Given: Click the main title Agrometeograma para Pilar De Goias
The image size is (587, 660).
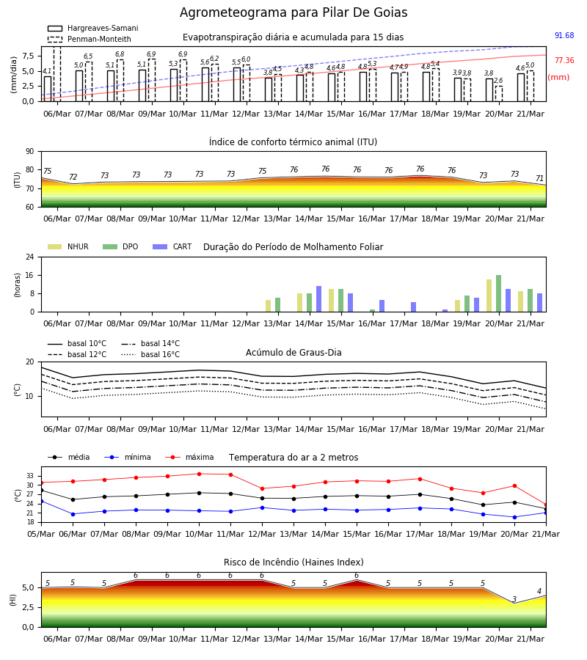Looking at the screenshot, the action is pyautogui.click(x=293, y=12).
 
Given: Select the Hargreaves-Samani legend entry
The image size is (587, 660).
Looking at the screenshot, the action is pyautogui.click(x=92, y=28).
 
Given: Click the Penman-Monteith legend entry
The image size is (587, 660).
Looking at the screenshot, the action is pyautogui.click(x=90, y=39).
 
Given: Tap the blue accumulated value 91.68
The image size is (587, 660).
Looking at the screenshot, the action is pyautogui.click(x=564, y=35).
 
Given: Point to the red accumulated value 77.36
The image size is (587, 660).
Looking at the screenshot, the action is pyautogui.click(x=564, y=60).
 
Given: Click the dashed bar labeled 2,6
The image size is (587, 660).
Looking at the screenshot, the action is pyautogui.click(x=499, y=93).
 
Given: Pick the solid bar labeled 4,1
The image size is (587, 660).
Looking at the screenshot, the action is pyautogui.click(x=48, y=89).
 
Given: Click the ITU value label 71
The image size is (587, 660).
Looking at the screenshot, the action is pyautogui.click(x=539, y=178).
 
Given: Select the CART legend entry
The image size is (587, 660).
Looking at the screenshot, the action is pyautogui.click(x=172, y=246).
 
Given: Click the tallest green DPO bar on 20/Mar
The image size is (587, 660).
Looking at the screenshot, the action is pyautogui.click(x=498, y=293).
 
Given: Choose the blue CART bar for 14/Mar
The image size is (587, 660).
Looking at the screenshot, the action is pyautogui.click(x=318, y=299).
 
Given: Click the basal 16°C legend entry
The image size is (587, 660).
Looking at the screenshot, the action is pyautogui.click(x=150, y=354).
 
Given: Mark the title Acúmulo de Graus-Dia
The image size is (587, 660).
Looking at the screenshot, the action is pyautogui.click(x=293, y=352).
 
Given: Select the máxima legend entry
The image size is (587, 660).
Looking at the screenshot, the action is pyautogui.click(x=190, y=457).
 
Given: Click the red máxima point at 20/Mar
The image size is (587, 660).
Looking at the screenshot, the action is pyautogui.click(x=514, y=485).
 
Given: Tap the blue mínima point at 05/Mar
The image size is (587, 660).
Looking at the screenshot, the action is pyautogui.click(x=41, y=502).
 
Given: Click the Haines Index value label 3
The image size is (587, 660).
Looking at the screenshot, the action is pyautogui.click(x=514, y=599).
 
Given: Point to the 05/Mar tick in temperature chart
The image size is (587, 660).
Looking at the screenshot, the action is pyautogui.click(x=41, y=534).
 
